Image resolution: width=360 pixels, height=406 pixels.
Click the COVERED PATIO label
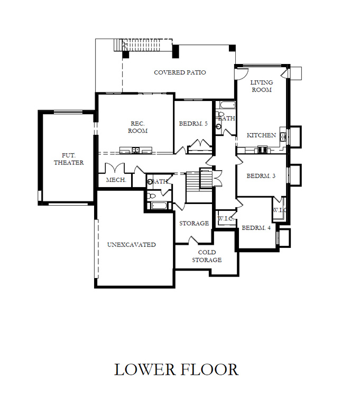tap(180, 72)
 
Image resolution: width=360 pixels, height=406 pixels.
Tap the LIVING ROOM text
tap(261, 86)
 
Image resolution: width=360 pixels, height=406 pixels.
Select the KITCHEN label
tap(261, 135)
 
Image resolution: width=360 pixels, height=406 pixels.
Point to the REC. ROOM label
tap(139, 127)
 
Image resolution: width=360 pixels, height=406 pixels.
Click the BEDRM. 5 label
tap(193, 124)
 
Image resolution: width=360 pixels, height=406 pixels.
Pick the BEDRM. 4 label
tap(256, 228)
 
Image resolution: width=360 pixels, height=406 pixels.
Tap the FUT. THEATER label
tap(69, 159)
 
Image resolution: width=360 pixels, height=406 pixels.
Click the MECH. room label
tap(115, 180)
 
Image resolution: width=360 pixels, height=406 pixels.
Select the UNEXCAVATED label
tap(131, 245)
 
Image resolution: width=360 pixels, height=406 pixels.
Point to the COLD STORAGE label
tap(206, 256)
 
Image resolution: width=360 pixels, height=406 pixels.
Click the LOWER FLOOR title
tap(176, 369)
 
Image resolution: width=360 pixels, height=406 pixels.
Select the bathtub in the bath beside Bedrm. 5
tap(226, 105)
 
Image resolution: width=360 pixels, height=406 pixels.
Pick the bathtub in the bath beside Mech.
tap(159, 205)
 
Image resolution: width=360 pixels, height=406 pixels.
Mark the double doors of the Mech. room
tap(115, 168)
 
